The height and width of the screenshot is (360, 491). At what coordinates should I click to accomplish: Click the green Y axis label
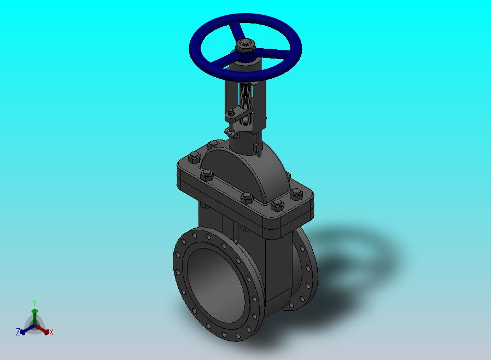[x=34, y=303]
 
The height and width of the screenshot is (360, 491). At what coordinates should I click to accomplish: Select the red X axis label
[x=51, y=332]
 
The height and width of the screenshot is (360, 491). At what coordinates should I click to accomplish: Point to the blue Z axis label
[x=18, y=332]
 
